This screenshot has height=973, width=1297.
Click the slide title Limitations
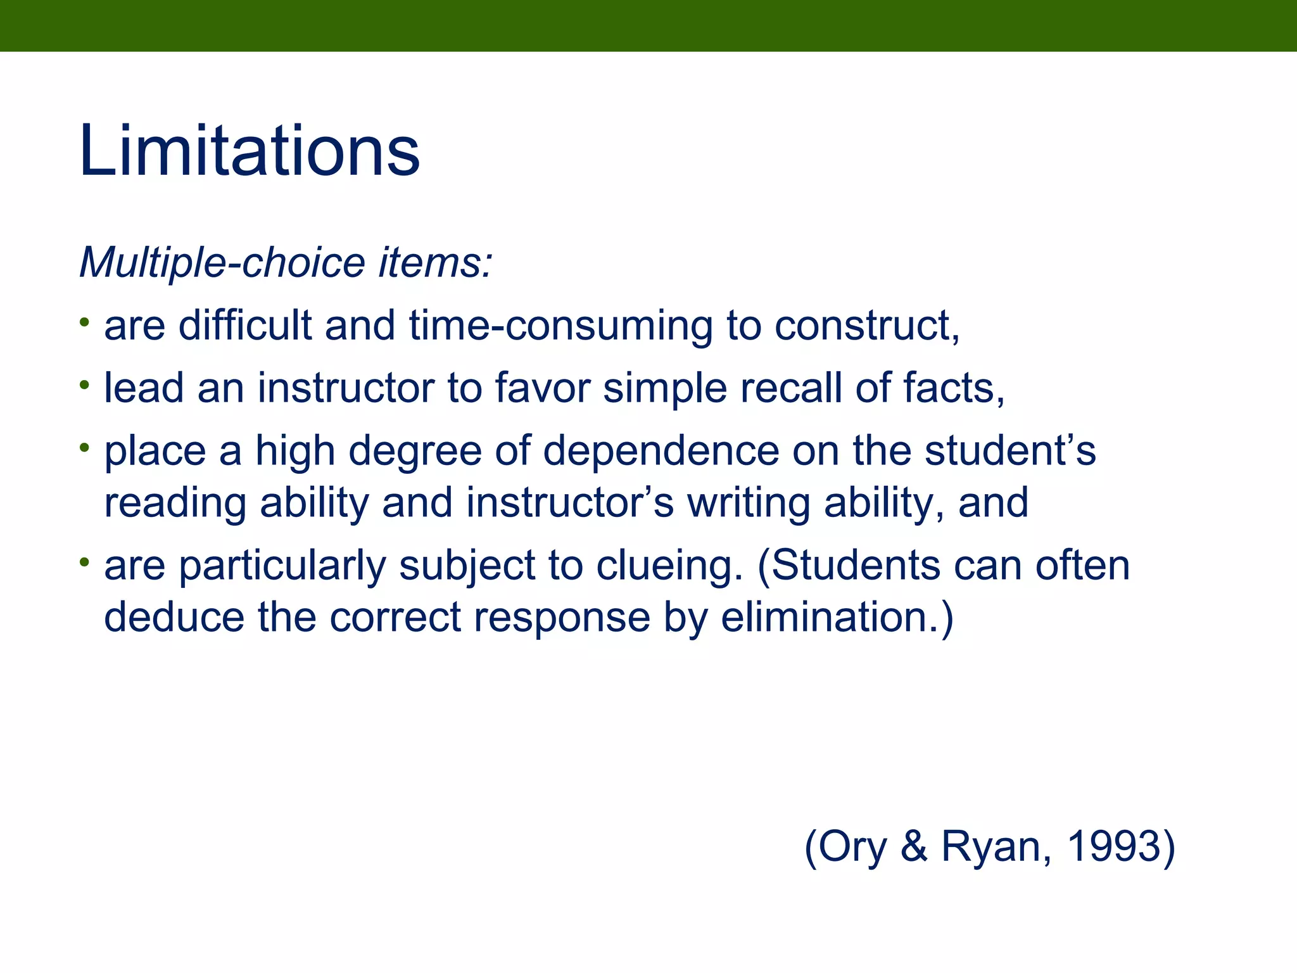click(250, 151)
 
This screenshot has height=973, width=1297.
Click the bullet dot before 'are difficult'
click(85, 322)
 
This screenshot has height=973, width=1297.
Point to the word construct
click(864, 326)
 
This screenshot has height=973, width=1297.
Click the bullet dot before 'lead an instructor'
click(85, 385)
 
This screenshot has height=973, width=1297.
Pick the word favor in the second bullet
click(542, 388)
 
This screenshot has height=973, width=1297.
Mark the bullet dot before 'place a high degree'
click(85, 447)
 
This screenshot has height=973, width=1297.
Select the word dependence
click(661, 451)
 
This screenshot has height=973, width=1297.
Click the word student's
click(1010, 451)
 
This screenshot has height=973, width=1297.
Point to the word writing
click(749, 503)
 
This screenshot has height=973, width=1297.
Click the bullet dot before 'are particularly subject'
click(85, 561)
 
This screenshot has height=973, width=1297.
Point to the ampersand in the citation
click(914, 846)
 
